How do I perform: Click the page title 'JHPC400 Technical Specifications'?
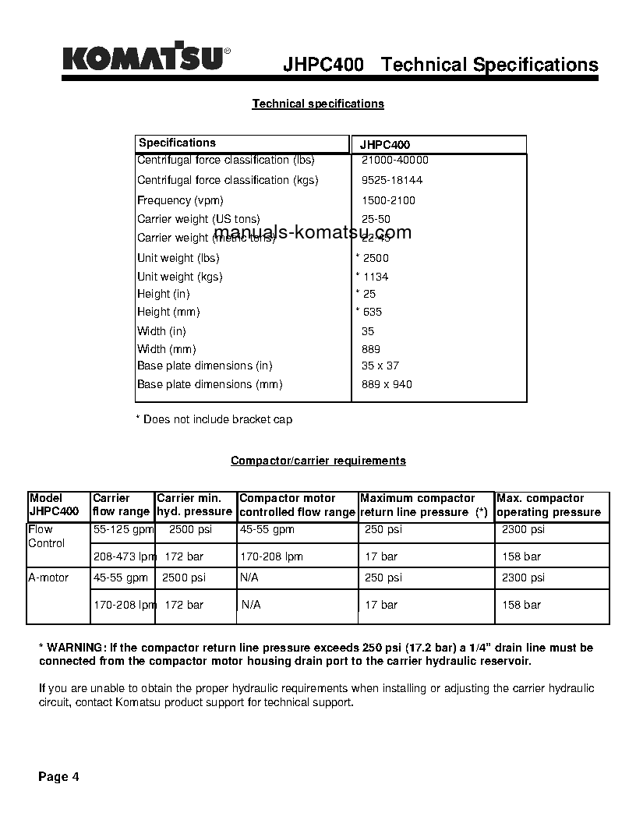coord(440,65)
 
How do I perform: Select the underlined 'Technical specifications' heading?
coord(318,104)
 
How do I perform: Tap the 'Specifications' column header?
coord(177,143)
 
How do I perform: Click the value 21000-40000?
coord(394,160)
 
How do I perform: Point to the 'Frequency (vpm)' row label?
coord(180,200)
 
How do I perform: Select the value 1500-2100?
coord(388,200)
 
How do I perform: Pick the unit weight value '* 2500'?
coord(373,258)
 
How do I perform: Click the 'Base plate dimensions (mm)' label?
coord(210,384)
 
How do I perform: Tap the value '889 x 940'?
coord(387,384)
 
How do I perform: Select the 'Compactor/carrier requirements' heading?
coord(318,461)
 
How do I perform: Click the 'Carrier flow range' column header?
coord(121,505)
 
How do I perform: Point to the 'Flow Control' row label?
coord(46,536)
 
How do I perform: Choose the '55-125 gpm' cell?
coord(122,529)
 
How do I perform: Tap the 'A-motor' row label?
coord(48,578)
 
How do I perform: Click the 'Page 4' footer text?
coord(59,776)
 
